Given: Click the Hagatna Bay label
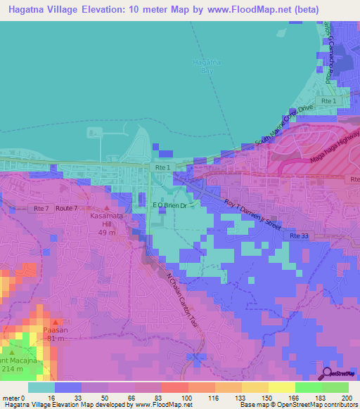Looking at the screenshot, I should (x=202, y=67).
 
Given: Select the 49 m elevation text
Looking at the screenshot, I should (x=107, y=233).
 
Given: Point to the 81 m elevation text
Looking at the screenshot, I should (x=53, y=339).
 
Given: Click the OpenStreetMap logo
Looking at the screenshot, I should (x=338, y=372).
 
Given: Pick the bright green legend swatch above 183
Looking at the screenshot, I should (x=308, y=387).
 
